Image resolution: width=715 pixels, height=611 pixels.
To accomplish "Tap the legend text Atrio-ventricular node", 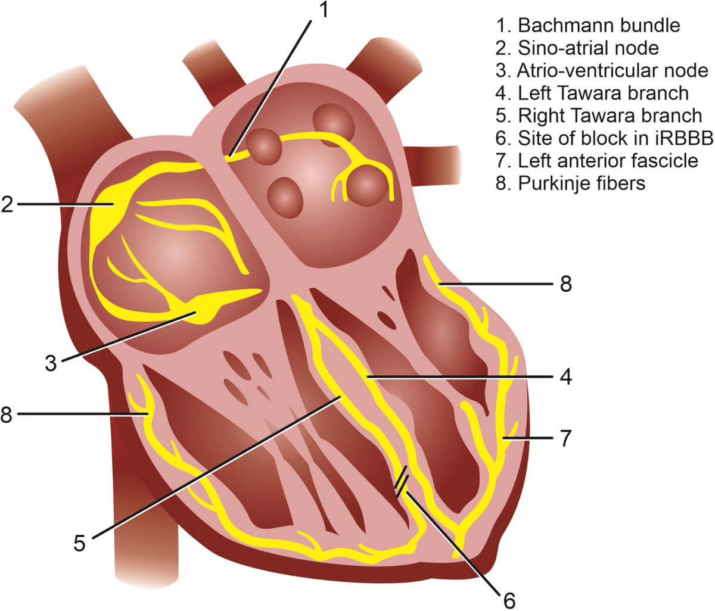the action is tap(602, 70).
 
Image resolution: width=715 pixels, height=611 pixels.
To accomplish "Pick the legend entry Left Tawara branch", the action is tap(592, 93).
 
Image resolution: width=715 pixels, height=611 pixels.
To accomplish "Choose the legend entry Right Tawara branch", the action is tap(598, 115).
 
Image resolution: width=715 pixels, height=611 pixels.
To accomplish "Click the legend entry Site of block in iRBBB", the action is tap(604, 138).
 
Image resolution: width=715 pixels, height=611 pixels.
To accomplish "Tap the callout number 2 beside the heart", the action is tap(8, 204).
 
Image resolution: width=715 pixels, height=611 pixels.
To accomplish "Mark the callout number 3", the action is tap(51, 363).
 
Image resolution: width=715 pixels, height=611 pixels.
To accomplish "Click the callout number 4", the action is tap(565, 377).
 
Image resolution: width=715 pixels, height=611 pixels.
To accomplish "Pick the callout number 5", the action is tap(80, 542).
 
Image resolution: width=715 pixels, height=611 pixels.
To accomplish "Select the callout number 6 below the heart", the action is tap(509, 600).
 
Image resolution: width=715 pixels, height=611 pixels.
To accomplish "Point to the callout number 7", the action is tap(565, 438).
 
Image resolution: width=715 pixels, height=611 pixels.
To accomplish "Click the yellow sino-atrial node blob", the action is tap(110, 205).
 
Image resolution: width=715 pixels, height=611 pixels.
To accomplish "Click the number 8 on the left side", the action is tap(7, 414).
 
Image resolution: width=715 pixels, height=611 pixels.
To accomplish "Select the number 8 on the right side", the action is tap(565, 284).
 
